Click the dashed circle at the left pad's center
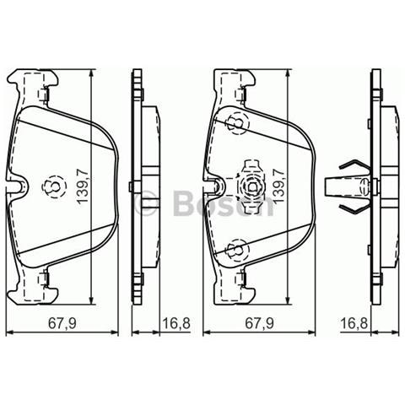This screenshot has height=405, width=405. click(51, 185)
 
